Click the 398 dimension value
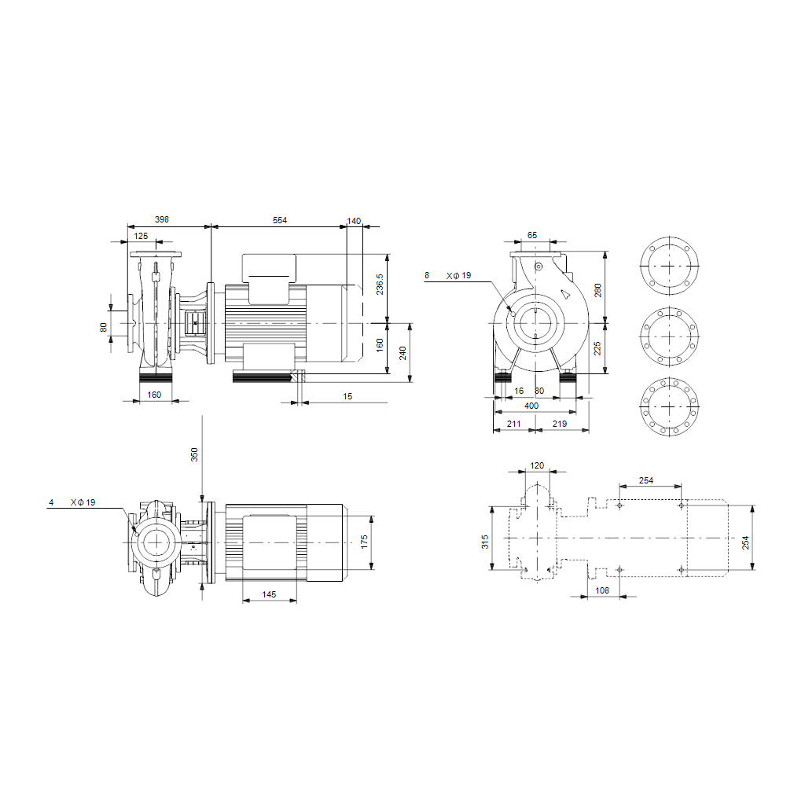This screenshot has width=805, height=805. [x=162, y=221]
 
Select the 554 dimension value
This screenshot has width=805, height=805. [x=280, y=221]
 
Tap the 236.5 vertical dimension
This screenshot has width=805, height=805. [x=380, y=285]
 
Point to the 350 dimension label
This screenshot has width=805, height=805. [x=196, y=455]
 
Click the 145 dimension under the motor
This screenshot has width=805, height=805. [x=269, y=595]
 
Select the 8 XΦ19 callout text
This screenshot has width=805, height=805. [x=448, y=276]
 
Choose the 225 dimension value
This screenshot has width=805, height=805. [x=597, y=347]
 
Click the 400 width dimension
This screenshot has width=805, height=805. [x=532, y=404]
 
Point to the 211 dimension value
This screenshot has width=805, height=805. [x=514, y=425]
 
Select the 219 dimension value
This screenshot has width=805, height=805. [x=560, y=425]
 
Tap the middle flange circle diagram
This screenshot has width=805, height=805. [x=670, y=336]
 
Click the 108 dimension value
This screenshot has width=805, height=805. [x=603, y=590]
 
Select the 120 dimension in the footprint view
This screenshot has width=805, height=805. [x=537, y=465]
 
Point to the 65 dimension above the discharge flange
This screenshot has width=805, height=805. [x=532, y=235]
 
